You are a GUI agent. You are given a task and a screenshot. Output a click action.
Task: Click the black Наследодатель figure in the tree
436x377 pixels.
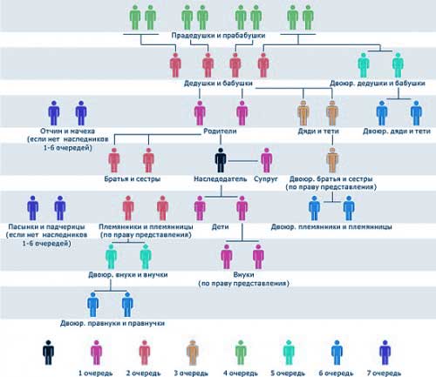click(221, 160)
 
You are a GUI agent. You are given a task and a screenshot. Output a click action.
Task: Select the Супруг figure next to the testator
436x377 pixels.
click(266, 160)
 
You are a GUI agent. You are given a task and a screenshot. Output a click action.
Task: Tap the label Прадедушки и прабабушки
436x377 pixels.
click(218, 36)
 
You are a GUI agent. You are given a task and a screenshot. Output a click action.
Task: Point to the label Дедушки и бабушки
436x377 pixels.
click(218, 84)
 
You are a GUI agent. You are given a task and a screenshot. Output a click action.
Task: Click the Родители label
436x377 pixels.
click(220, 131)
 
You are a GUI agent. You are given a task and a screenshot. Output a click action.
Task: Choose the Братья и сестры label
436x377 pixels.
click(133, 178)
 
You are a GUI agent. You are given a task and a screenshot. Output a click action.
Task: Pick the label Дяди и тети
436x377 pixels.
click(318, 131)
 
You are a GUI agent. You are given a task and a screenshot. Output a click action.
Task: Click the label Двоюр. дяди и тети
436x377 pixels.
click(397, 131)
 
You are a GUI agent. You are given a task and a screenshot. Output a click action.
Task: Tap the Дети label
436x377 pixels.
click(220, 226)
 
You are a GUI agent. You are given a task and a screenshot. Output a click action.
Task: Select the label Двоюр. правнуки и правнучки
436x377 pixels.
click(112, 323)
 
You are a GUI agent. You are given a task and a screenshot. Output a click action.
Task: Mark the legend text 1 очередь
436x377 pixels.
click(96, 373)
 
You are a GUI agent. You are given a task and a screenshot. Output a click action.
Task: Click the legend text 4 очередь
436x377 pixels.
click(241, 373)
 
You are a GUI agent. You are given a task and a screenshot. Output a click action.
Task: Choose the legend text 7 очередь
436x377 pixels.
click(384, 373)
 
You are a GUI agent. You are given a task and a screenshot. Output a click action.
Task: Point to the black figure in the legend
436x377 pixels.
click(48, 353)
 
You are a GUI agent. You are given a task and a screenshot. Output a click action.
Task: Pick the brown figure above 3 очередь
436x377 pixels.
click(192, 353)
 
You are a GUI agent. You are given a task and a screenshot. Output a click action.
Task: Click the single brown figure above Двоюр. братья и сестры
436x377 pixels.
click(332, 160)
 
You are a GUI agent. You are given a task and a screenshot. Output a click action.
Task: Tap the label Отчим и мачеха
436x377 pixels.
click(67, 131)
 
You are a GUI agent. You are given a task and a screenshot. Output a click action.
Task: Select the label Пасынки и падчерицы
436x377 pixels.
click(46, 226)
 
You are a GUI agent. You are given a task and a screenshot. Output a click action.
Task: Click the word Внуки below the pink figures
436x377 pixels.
click(243, 274)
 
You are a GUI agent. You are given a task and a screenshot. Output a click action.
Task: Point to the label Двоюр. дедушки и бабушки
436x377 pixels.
click(378, 84)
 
